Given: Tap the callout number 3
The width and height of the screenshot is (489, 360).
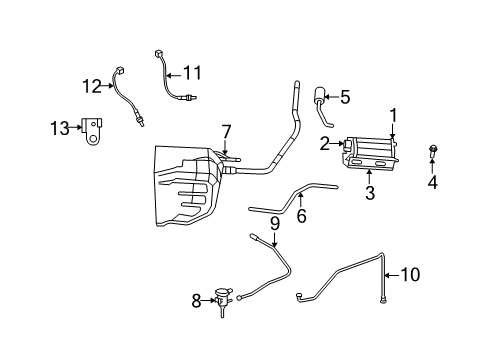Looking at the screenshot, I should pos(370,193).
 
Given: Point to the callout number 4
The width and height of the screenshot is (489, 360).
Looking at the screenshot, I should pos(432,182).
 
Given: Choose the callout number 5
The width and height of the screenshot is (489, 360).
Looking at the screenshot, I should pos(344,97).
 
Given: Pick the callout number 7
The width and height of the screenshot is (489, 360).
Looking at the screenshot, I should pos(226,132).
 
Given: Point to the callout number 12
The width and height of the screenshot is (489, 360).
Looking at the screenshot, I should pos(92,86).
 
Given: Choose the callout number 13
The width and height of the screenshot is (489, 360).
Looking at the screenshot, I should pos(60,127).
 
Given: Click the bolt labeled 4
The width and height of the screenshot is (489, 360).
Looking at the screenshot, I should pos(432,153).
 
